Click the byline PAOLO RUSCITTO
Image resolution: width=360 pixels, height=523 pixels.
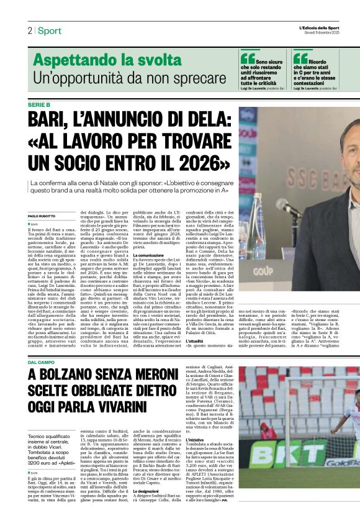click(x=42, y=216)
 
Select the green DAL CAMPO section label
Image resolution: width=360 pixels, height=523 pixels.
click(x=41, y=362)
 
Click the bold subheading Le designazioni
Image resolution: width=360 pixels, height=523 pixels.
click(x=151, y=491)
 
